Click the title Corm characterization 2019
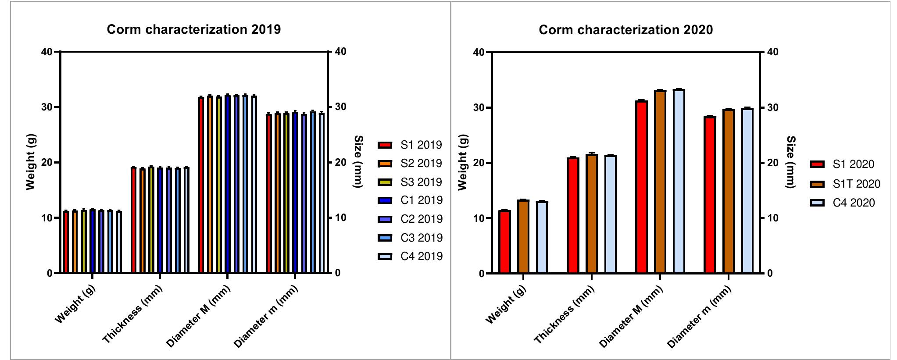point(193,29)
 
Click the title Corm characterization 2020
point(625,30)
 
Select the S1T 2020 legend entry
point(856,184)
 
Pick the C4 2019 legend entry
point(421,257)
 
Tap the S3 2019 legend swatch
point(385,182)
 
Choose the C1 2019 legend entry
point(421,200)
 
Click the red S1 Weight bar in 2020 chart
point(504,242)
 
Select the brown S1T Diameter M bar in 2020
point(660,182)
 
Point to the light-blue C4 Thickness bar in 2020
point(610,214)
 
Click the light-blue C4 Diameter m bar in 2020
point(747,191)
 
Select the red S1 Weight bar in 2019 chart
point(66,242)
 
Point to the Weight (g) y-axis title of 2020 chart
point(462,163)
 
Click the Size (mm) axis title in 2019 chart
point(358,162)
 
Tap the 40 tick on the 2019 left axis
point(46,52)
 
